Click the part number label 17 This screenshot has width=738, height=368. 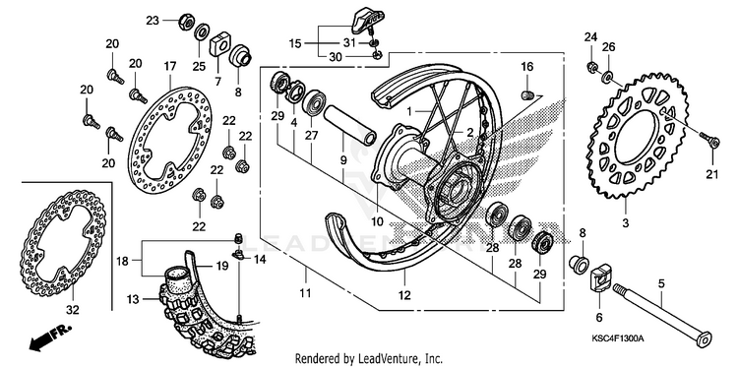pos(170,66)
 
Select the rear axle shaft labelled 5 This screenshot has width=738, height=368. pos(662,314)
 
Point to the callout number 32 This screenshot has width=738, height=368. pos(73,311)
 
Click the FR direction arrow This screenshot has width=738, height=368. pos(49,337)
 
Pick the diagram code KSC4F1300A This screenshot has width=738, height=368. pos(618,338)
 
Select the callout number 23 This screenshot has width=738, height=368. pos(153,21)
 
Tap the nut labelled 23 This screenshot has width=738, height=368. pos(186,22)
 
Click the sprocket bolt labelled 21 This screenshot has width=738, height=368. pos(710,141)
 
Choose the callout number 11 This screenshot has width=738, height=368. pos(305,293)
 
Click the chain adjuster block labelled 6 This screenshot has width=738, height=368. pos(599,281)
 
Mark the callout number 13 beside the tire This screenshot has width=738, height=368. pos(133,299)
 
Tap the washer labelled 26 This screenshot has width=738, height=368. pos(607,76)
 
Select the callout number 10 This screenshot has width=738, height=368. pos(379,220)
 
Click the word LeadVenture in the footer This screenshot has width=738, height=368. pos(384,358)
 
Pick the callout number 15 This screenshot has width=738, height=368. pos(295,43)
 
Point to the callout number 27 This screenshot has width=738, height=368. pos(312,136)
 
